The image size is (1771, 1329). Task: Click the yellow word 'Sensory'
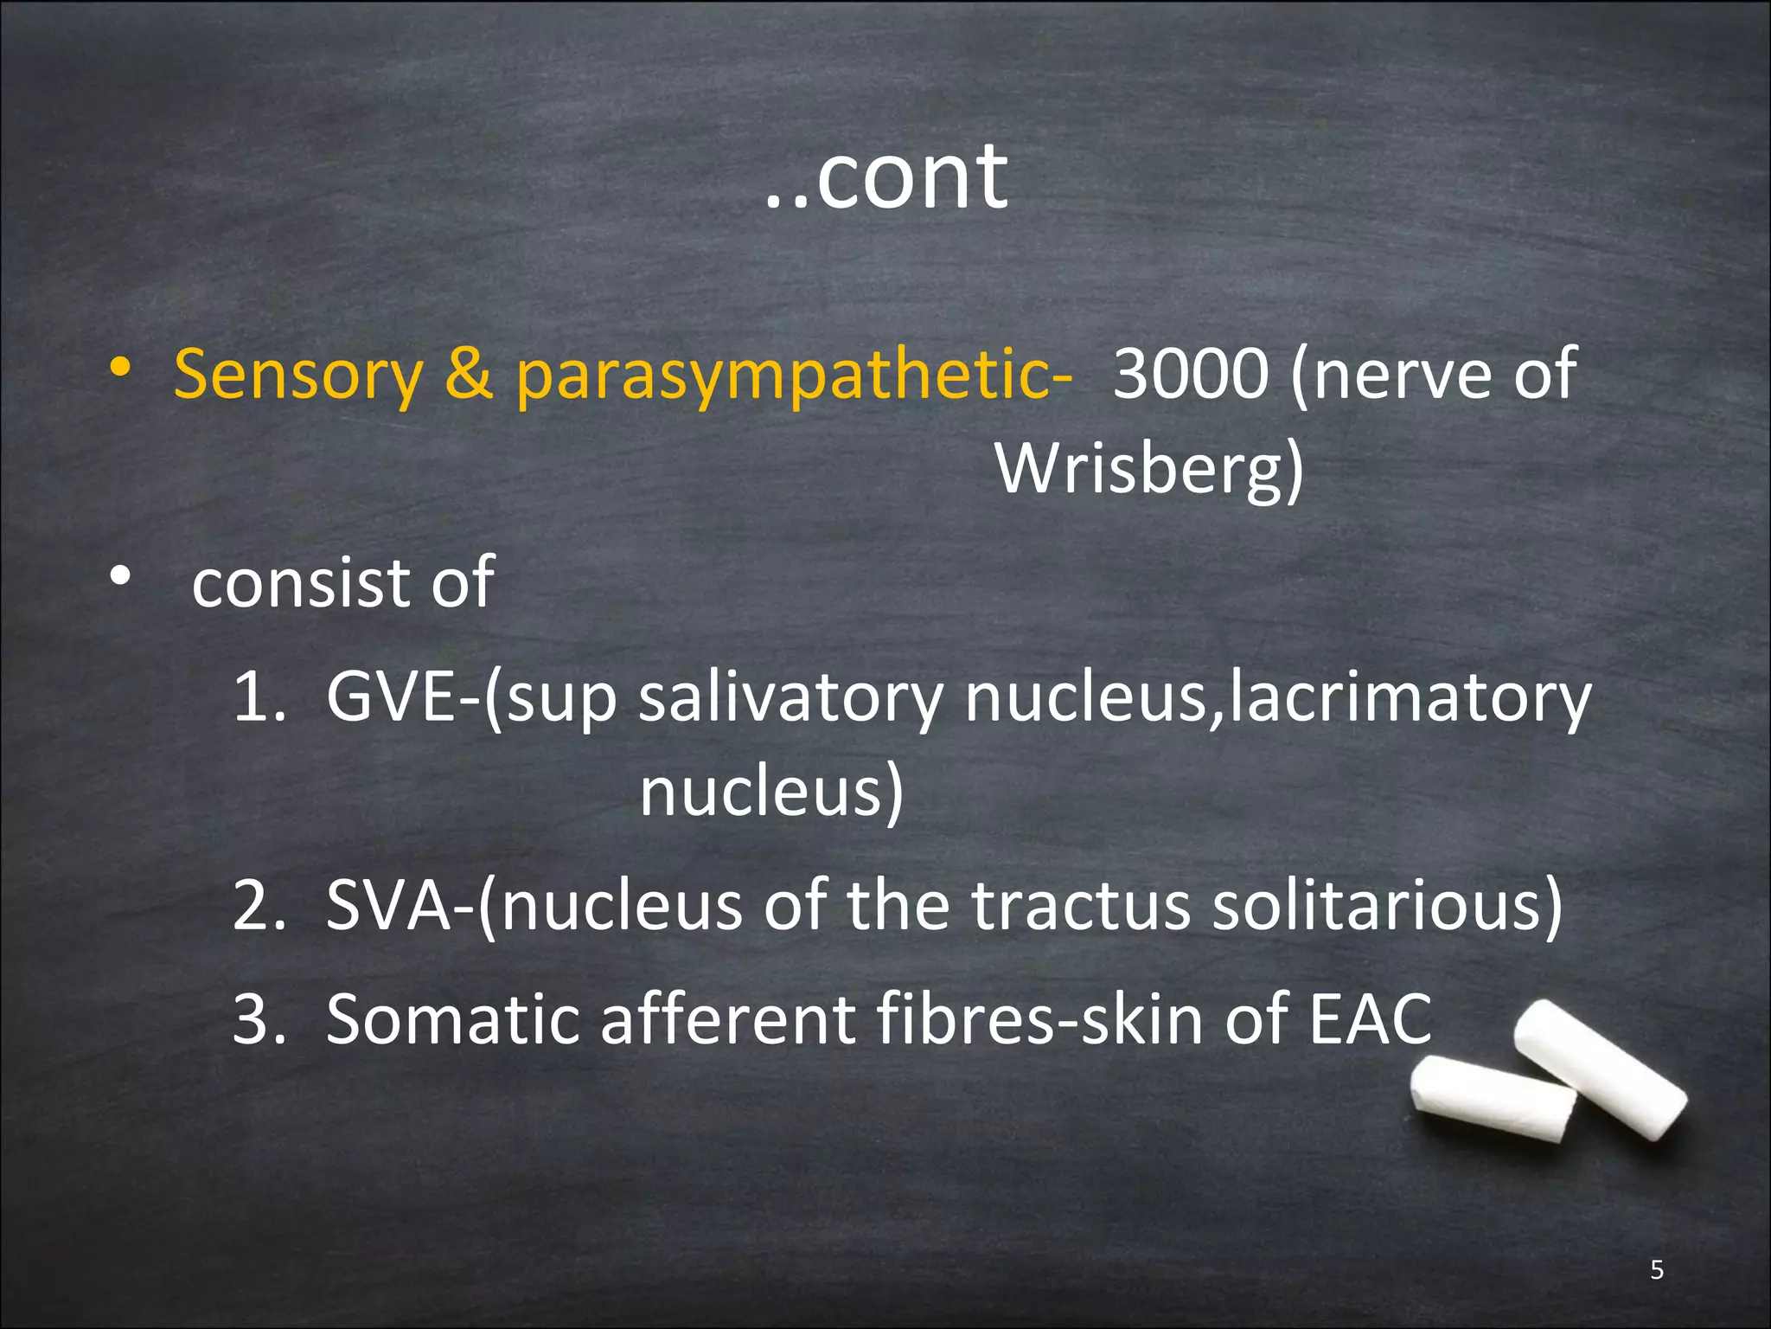pos(298,375)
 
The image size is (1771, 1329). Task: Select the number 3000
pos(1191,373)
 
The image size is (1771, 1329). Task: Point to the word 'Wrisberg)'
pos(1149,470)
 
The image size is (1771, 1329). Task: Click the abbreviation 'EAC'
pos(1370,1018)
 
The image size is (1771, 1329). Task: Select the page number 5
pos(1657,1269)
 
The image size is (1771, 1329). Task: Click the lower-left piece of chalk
pos(1492,1099)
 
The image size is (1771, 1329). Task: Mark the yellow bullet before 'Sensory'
pos(120,368)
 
